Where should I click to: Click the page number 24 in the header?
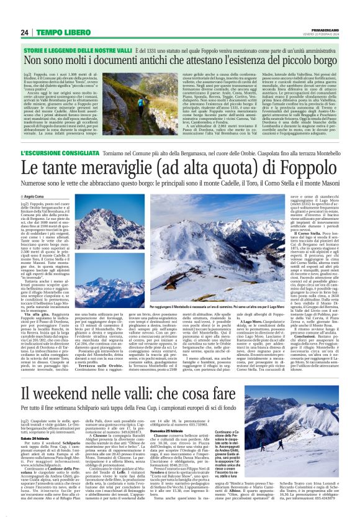point(24,33)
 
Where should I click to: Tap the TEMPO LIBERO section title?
point(58,33)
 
